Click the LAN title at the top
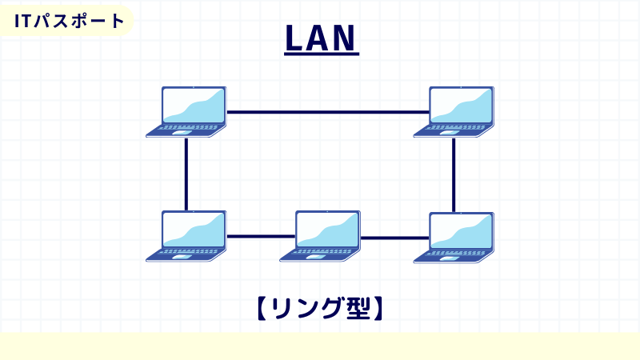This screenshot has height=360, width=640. (322, 39)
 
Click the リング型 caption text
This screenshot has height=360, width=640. (320, 308)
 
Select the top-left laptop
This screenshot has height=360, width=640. (187, 112)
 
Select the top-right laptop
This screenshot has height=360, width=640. (454, 112)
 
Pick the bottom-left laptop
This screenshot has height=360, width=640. (187, 236)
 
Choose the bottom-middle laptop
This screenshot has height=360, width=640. (321, 236)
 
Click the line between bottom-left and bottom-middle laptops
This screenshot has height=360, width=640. (261, 236)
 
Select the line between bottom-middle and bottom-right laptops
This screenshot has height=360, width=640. (394, 237)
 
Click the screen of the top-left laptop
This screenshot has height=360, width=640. (194, 105)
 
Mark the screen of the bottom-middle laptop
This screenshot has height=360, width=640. (327, 229)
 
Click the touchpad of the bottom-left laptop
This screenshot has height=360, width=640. (182, 257)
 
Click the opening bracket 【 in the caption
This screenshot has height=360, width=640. (262, 308)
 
